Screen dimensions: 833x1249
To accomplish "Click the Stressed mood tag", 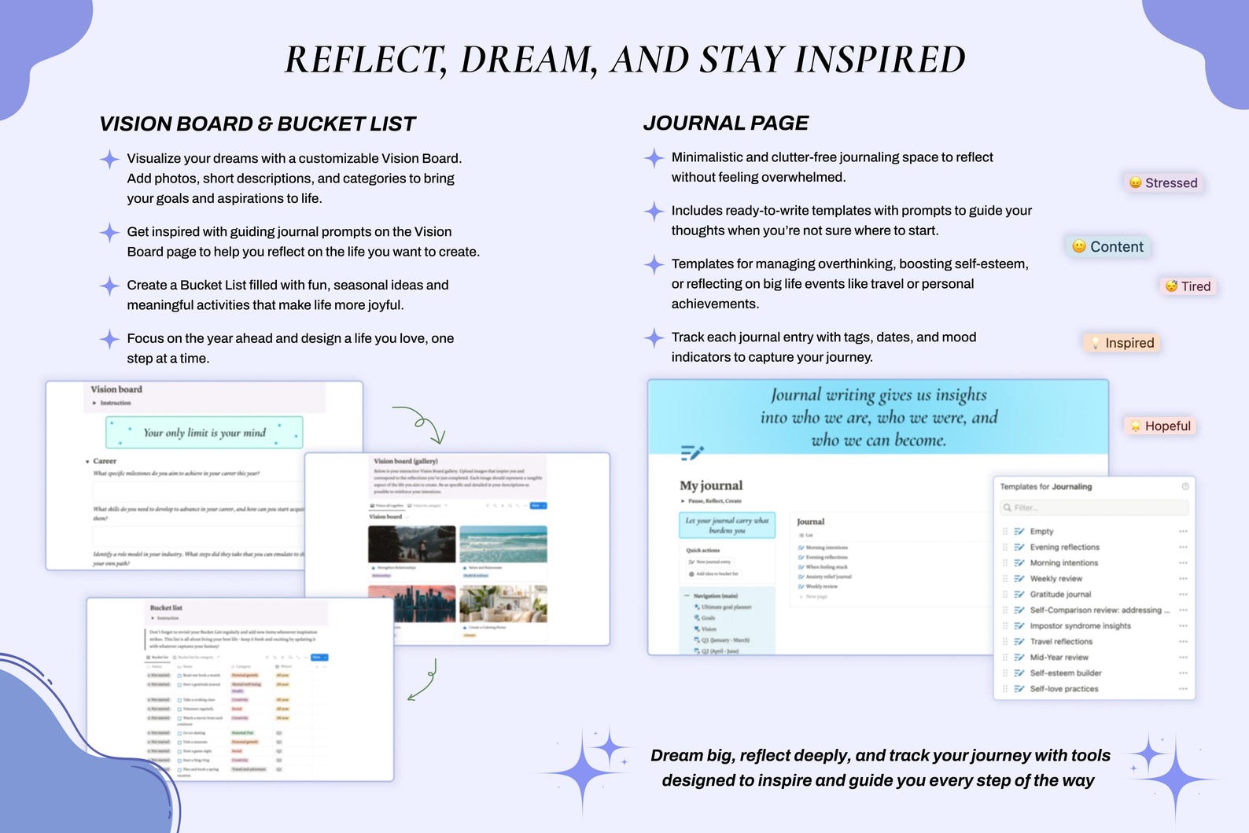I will [1163, 183].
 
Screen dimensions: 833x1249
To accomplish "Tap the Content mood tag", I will [1107, 247].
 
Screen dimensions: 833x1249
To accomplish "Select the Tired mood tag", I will [1188, 286].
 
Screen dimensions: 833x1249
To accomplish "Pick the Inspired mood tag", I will [1122, 343].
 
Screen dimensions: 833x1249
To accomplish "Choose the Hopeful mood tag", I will [1160, 426].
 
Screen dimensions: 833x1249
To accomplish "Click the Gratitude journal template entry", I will [1060, 595].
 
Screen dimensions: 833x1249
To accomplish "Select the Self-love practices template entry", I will [1063, 689].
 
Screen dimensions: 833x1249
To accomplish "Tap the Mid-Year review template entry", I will [1059, 658].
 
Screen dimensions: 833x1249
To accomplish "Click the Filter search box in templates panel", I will [1094, 507].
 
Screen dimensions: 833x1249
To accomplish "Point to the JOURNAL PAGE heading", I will [725, 123].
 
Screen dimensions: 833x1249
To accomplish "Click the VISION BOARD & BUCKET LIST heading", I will [257, 124].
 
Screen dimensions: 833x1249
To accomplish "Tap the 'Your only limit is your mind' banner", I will [204, 433].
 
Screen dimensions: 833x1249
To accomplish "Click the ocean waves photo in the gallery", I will [503, 544].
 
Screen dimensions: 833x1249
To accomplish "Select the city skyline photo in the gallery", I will [411, 603].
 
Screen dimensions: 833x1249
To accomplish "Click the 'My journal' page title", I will [711, 485].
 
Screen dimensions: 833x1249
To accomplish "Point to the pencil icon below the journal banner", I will [691, 452].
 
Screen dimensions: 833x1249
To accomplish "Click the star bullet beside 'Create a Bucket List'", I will [109, 286].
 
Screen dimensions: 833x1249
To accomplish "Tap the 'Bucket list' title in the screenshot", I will [166, 608].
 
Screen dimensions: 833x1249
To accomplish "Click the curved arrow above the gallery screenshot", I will [420, 424].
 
